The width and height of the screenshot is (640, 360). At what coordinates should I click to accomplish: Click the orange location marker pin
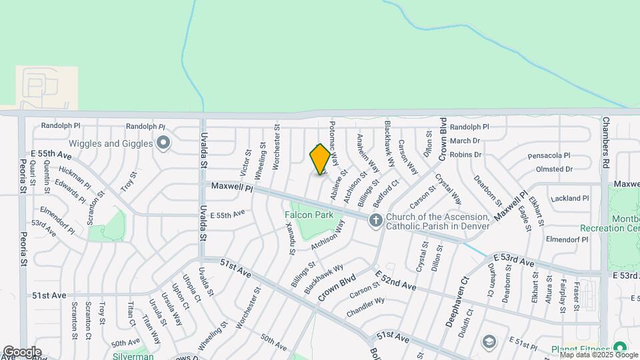click(x=320, y=159)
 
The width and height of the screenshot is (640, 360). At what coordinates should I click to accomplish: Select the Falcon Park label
click(x=309, y=215)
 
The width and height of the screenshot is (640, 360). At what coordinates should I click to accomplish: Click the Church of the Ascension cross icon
click(x=376, y=221)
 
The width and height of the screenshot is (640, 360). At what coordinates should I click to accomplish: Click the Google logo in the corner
click(x=22, y=352)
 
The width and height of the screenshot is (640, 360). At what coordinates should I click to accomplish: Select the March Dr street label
click(x=465, y=141)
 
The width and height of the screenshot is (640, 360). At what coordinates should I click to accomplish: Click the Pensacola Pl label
click(x=549, y=155)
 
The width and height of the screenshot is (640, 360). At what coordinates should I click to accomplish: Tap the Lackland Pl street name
click(x=570, y=198)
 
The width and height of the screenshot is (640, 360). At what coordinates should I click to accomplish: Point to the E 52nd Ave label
click(x=395, y=280)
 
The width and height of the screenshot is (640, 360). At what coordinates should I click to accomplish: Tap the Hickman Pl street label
click(x=74, y=174)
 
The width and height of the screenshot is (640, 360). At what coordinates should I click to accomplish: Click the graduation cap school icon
click(x=488, y=342)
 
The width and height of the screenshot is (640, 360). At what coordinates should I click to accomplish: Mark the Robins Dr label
click(x=465, y=155)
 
